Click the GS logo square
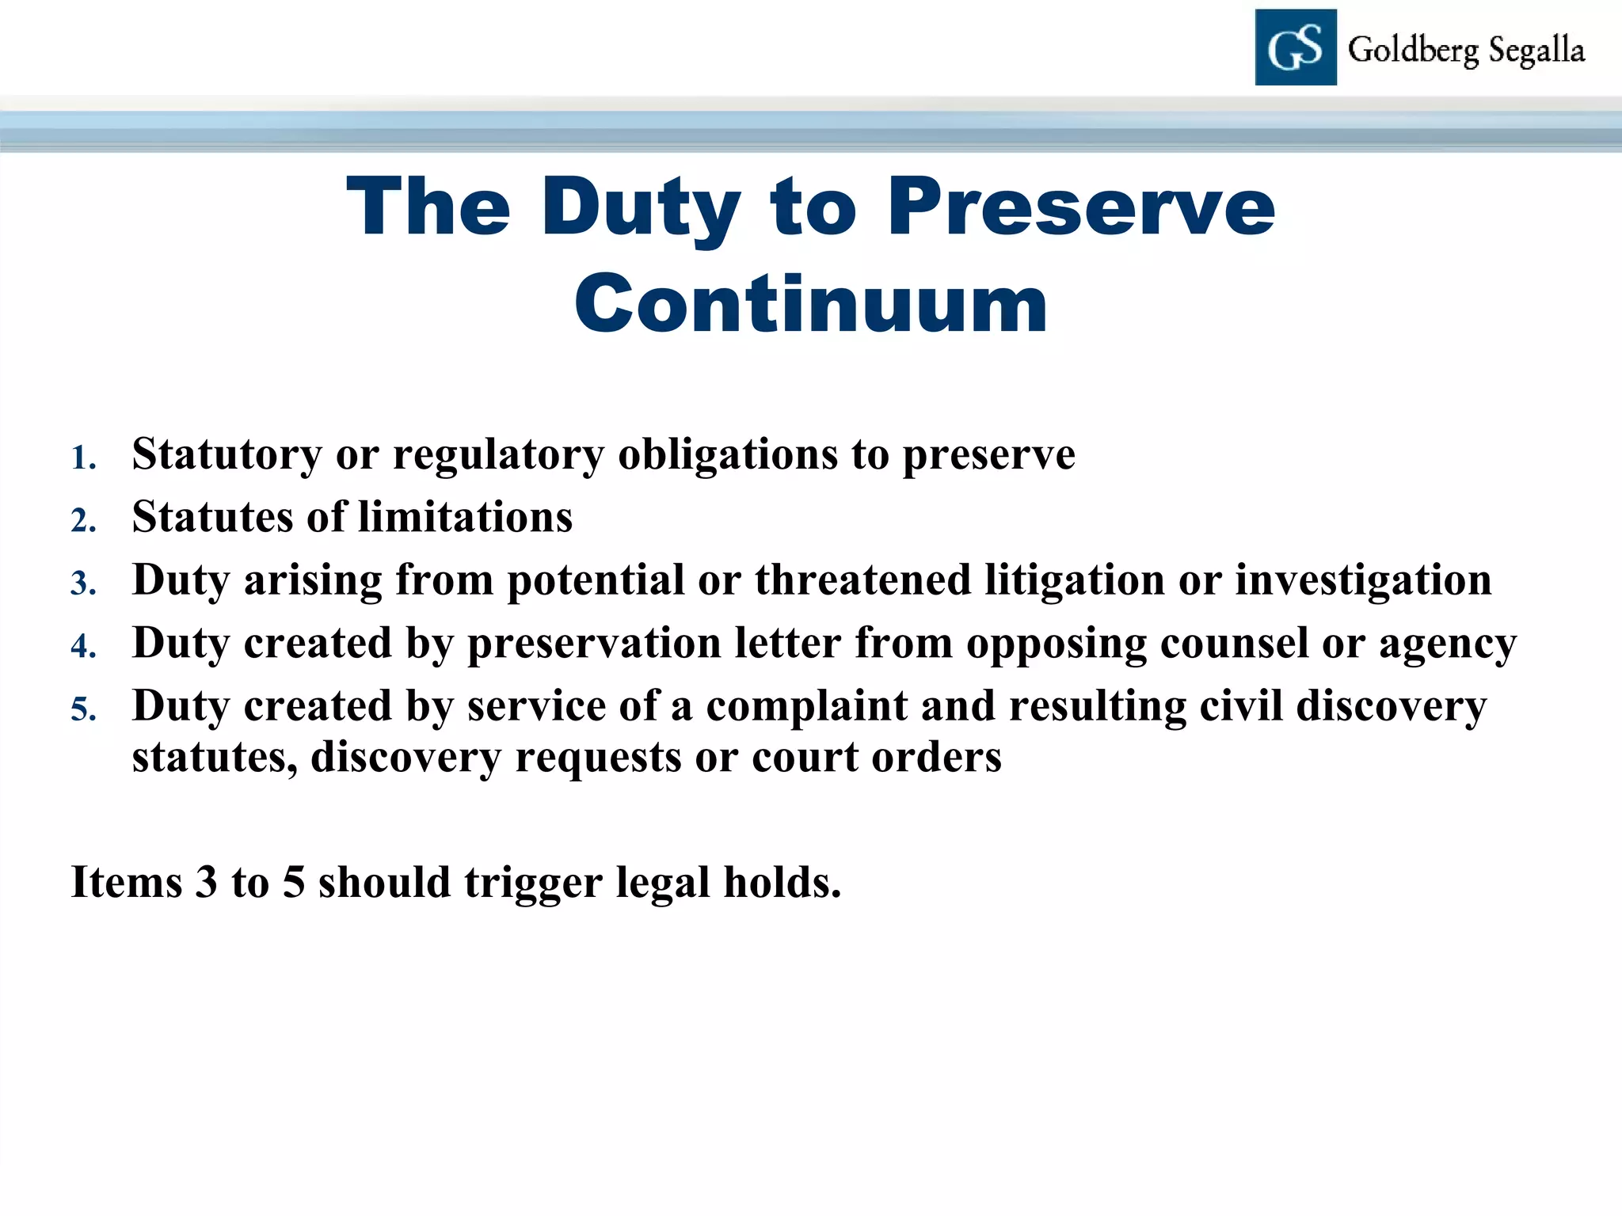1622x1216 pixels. (1295, 47)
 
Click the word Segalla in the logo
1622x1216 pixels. (1536, 51)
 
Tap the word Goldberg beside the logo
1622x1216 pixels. (1413, 51)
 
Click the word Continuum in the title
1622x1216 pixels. (810, 305)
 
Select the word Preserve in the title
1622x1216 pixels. (1080, 207)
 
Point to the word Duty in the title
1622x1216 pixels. (641, 207)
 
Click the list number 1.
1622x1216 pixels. (82, 458)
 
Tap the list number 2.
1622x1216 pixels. (82, 521)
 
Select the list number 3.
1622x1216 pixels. (82, 584)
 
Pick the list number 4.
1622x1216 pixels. (82, 647)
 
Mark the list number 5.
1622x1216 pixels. (82, 709)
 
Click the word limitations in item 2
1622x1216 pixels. (465, 518)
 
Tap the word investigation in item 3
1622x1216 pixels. (1363, 580)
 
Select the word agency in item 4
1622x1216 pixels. (1447, 644)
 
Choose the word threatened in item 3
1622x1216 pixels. (862, 580)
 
